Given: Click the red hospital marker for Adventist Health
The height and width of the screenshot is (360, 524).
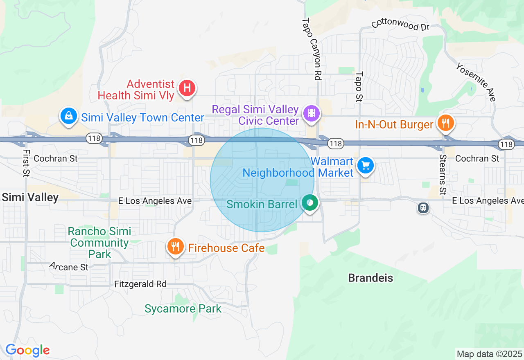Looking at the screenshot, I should point(187,88).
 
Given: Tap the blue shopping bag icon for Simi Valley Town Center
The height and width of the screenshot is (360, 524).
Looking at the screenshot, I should point(69,116).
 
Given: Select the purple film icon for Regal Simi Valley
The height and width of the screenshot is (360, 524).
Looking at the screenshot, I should point(312,112).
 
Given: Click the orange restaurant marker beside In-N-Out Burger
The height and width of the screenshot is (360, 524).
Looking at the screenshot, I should point(446,122).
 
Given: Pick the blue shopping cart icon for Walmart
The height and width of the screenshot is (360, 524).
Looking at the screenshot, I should point(365,166).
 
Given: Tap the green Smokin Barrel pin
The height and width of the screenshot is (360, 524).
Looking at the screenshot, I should point(310,202).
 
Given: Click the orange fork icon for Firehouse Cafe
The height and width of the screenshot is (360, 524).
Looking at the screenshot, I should point(175,246).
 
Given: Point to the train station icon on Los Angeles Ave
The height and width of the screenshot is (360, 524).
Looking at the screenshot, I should point(423,208).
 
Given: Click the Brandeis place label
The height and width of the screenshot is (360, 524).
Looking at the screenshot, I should point(370,278).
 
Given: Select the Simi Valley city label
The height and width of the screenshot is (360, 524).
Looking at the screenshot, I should point(30,198).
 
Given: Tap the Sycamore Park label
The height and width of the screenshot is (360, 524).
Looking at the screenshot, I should point(183,309).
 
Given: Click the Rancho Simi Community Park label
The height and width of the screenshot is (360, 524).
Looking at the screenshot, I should point(99,243).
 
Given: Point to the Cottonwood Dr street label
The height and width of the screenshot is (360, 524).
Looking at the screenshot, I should point(400,25).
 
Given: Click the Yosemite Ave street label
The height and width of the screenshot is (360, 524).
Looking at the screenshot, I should point(476,82).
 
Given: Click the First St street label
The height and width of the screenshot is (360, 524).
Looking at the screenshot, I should point(27,163).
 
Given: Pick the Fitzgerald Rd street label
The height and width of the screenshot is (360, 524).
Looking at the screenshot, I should point(140,284).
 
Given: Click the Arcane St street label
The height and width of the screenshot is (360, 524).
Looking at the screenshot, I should point(69,267).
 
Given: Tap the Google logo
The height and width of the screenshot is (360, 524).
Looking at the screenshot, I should point(27,351).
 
